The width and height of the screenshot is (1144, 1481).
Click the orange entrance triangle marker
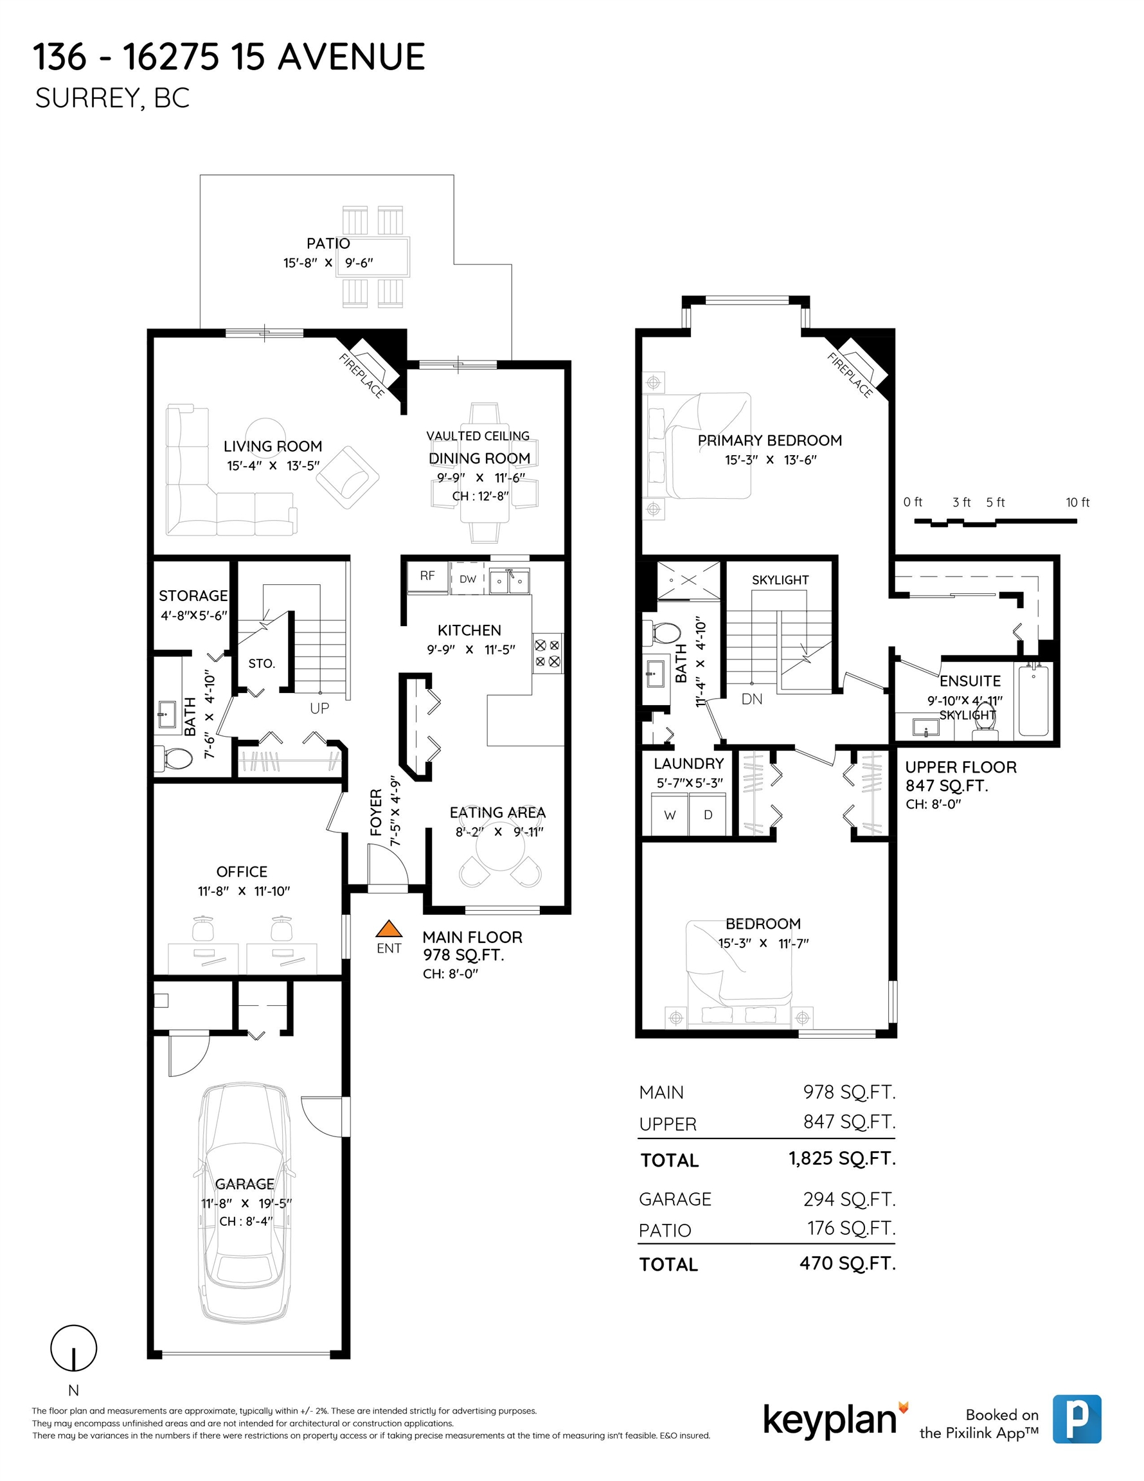tap(389, 928)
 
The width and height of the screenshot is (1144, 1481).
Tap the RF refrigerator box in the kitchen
tap(427, 577)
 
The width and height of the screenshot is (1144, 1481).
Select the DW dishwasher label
tap(468, 579)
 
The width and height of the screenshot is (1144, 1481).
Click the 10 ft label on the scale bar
tap(1078, 503)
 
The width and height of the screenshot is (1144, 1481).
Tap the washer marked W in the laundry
tap(670, 815)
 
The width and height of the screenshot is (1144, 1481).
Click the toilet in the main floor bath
tap(174, 758)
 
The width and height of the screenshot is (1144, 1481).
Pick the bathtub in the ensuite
tap(1033, 701)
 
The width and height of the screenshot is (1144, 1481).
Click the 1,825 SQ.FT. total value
tap(841, 1158)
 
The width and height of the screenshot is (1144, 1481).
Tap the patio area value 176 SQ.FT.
tap(851, 1228)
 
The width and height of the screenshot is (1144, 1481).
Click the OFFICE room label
tap(242, 872)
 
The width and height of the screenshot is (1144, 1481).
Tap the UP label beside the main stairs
tap(319, 708)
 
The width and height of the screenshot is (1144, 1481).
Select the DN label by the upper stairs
tap(752, 699)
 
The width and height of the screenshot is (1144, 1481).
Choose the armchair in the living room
tap(347, 478)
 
